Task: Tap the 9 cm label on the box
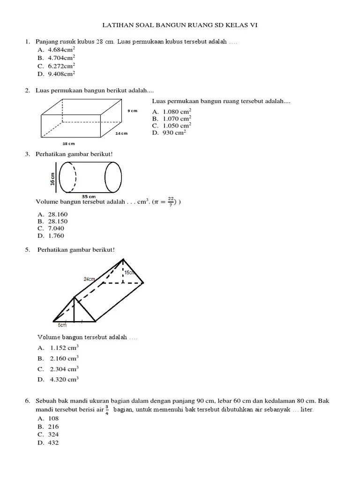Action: tap(132, 111)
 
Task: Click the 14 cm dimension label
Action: tap(121, 134)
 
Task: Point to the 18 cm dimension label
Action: tap(68, 143)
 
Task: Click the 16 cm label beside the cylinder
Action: tap(52, 178)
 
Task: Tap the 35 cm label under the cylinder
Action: tap(89, 196)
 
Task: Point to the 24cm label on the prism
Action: tap(90, 279)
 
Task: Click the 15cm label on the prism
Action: tap(130, 272)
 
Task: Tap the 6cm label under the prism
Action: tap(62, 324)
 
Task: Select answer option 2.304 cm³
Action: tap(64, 369)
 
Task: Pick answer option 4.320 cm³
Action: tap(64, 380)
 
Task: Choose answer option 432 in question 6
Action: tap(53, 442)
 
